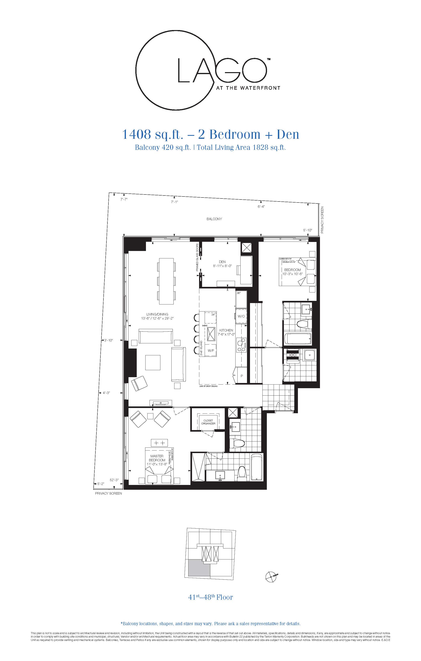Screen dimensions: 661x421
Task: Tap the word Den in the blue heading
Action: [287, 135]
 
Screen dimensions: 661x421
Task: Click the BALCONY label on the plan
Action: [214, 219]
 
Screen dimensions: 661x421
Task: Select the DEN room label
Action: [222, 262]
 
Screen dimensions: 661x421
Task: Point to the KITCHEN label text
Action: [226, 330]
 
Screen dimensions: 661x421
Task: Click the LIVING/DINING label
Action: [157, 314]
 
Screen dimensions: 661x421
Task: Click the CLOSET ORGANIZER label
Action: [208, 422]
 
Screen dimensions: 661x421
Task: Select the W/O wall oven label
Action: [241, 316]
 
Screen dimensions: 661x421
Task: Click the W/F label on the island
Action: [211, 350]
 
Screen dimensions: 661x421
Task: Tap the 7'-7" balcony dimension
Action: [124, 200]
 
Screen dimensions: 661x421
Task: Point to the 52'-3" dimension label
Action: [114, 480]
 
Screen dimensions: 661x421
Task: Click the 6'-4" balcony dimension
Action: [261, 207]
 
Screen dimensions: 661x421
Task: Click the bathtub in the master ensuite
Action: [257, 471]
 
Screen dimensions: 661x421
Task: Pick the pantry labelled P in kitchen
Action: [242, 376]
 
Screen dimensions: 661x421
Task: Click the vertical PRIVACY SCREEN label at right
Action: [323, 220]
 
